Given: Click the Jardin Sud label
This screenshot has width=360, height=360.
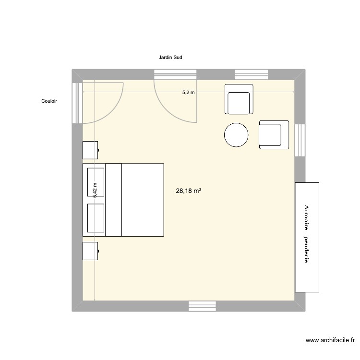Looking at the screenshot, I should coord(170,58).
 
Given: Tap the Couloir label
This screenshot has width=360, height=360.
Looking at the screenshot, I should coord(49,101).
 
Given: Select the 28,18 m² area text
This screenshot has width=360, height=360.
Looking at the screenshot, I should coord(189,191).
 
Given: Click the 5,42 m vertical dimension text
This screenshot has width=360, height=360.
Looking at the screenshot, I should coord(95,190).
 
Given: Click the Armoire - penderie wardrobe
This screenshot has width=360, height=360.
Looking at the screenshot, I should coord(307,237).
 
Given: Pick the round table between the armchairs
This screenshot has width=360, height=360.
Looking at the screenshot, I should coord(236,135).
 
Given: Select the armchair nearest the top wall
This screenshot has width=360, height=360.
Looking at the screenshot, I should coord(239,99).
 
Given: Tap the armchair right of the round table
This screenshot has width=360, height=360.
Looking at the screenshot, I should coord(273,134).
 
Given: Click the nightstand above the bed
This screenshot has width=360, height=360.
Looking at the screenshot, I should coord(91,150).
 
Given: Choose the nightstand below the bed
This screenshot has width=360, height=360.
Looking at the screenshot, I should coord(91,251).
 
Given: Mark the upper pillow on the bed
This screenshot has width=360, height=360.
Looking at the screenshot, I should coord(96,182).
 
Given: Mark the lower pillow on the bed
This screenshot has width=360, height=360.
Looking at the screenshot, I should coord(96,217).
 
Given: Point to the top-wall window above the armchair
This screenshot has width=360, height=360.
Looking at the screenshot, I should coord(251,74).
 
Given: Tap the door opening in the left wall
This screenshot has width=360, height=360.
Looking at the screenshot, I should coord(77,103).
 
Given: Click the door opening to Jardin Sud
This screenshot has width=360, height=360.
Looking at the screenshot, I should coord(175,75).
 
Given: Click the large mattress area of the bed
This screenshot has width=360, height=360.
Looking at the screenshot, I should coord(142,200).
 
